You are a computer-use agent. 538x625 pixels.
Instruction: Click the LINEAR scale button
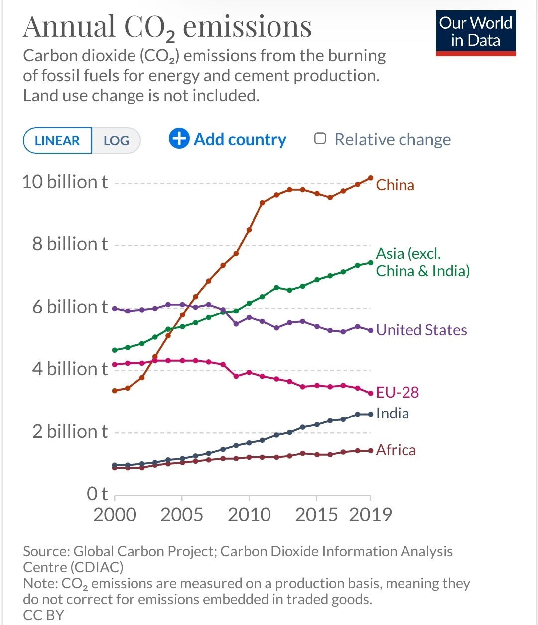(57, 141)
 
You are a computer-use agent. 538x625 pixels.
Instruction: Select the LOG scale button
(116, 141)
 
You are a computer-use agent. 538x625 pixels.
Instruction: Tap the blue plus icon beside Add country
(179, 139)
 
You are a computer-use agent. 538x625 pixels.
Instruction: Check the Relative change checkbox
(320, 139)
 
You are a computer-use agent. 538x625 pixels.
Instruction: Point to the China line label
(395, 185)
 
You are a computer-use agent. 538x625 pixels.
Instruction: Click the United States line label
(421, 330)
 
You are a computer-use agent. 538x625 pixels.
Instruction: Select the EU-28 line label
(397, 393)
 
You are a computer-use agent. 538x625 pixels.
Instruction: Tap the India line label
(393, 414)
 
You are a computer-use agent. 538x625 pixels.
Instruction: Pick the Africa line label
(396, 450)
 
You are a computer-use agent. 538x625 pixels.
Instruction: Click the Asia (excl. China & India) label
(422, 262)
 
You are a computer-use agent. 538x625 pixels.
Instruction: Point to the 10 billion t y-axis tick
(65, 182)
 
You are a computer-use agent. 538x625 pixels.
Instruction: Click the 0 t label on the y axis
(97, 494)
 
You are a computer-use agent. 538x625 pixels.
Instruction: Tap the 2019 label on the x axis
(371, 515)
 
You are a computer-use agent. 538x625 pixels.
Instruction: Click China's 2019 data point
(371, 178)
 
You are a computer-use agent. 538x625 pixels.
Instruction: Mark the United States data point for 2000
(115, 309)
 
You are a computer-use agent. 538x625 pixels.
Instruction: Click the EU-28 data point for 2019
(371, 394)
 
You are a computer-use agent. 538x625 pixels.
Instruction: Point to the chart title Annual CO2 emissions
(167, 27)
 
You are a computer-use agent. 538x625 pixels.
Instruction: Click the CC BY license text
(44, 615)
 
